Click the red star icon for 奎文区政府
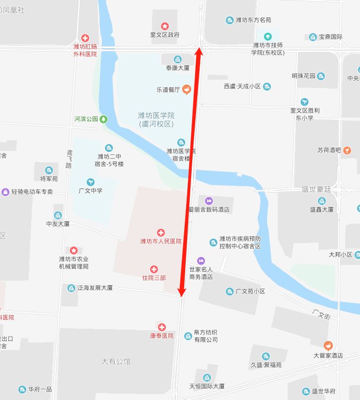(x=165, y=26)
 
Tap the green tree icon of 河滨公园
(x=103, y=119)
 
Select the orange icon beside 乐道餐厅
(x=186, y=90)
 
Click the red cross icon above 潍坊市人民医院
(x=160, y=233)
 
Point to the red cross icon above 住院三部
(x=154, y=269)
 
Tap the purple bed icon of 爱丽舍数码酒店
(x=208, y=200)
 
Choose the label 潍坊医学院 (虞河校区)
(x=156, y=119)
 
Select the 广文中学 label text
(x=91, y=191)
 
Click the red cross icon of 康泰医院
(x=162, y=327)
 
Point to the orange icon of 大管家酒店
(x=328, y=346)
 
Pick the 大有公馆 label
(x=116, y=362)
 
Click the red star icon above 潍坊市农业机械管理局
(x=74, y=250)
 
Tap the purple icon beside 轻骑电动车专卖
(x=5, y=192)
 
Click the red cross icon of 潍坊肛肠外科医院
(x=85, y=38)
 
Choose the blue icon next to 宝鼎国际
(x=313, y=37)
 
